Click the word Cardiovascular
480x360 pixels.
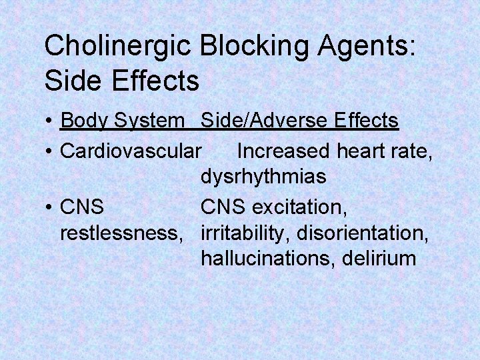coord(129,151)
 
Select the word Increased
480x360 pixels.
coord(284,151)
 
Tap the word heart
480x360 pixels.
coord(361,151)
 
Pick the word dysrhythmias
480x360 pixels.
coord(263,177)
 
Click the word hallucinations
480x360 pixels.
coord(266,259)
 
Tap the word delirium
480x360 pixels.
coord(378,259)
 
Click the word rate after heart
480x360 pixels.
coord(413,151)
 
